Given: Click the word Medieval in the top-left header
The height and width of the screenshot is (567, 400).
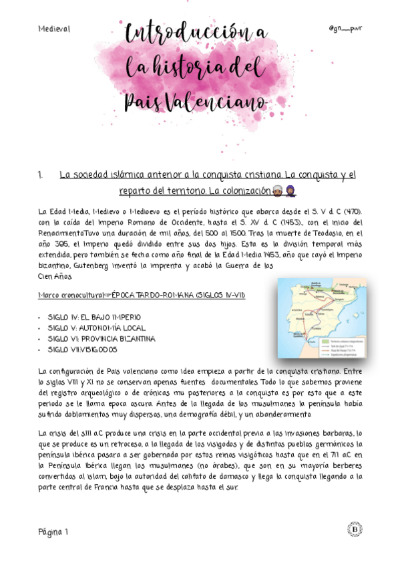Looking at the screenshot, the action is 54,29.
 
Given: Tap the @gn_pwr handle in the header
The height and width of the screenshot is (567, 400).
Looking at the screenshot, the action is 345,29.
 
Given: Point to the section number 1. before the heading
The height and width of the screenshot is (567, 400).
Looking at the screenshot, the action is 41,175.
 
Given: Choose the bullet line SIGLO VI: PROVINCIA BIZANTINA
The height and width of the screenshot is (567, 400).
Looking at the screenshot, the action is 101,338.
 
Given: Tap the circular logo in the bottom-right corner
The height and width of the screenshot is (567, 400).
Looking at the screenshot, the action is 355,530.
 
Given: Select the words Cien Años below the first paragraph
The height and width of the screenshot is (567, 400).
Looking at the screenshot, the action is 55,275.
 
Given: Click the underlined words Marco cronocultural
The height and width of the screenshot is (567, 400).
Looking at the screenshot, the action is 67,294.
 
